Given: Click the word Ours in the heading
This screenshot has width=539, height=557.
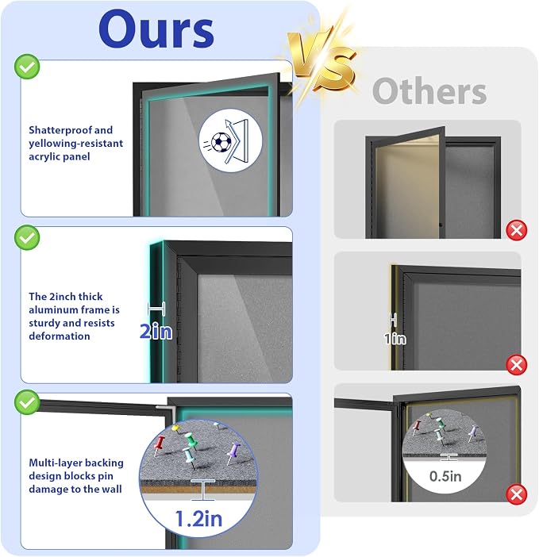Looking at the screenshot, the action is [156, 29].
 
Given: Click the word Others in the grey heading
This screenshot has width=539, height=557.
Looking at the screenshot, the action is [429, 91].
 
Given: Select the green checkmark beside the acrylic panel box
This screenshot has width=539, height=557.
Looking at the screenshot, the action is [27, 67].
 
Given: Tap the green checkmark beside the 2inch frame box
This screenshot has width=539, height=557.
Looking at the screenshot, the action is [27, 237].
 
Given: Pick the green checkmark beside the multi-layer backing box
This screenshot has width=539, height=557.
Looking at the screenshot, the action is [27, 402].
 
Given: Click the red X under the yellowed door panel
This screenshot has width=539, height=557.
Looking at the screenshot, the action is [516, 230].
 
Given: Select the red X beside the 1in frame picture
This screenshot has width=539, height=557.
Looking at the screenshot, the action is [516, 365].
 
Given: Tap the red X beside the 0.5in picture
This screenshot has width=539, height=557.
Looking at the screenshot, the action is [516, 494].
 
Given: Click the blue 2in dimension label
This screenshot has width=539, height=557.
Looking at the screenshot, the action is [156, 332].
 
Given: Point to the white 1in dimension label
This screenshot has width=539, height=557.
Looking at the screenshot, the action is [395, 339].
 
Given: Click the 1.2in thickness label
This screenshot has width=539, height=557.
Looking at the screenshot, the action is [198, 519].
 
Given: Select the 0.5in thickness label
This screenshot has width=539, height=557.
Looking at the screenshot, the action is [445, 476].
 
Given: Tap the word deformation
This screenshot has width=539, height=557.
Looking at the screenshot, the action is [60, 336].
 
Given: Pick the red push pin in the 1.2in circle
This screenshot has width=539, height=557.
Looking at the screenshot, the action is [160, 445].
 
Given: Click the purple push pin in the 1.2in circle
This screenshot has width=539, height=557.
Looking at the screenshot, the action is [233, 451].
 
